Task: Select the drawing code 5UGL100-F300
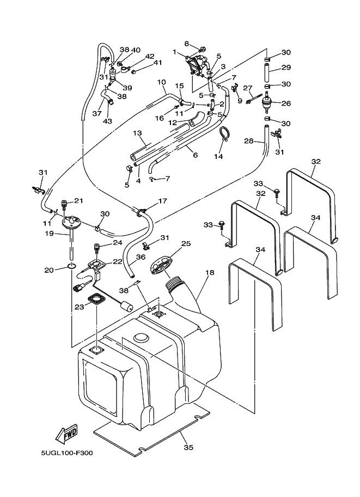point(66,453)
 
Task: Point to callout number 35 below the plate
point(188,447)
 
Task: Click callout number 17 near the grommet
point(162,201)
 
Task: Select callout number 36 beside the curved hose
point(141,257)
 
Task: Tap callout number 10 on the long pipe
point(161,82)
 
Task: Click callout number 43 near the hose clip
point(107,121)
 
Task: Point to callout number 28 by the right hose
point(249,142)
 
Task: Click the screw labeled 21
point(64,205)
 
